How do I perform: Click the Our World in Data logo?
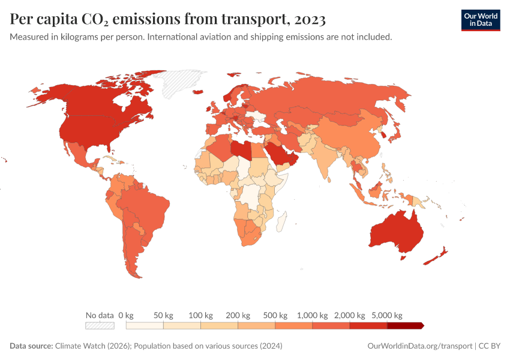click(480, 20)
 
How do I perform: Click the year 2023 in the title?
click(310, 20)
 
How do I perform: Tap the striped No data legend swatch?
click(100, 325)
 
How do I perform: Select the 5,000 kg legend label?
click(387, 315)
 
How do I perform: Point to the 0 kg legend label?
click(125, 315)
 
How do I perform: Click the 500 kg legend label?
click(275, 315)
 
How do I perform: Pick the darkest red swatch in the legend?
click(405, 325)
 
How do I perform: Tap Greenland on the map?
click(183, 81)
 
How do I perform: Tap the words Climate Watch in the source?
click(80, 346)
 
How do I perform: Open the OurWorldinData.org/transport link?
click(419, 346)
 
